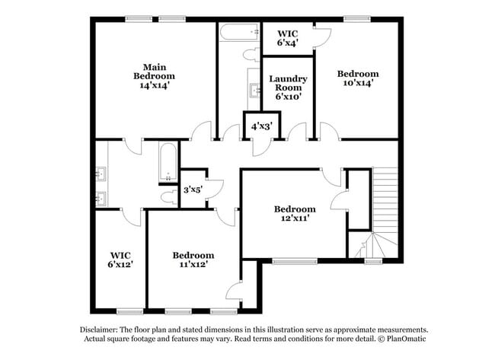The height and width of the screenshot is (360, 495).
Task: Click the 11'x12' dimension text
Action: (193, 265)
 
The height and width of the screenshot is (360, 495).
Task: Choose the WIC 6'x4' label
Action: (287, 38)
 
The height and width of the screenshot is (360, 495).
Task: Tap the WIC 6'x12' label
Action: (121, 260)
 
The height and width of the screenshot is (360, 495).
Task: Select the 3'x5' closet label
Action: (192, 190)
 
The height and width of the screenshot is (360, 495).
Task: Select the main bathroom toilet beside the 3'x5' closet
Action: (169, 196)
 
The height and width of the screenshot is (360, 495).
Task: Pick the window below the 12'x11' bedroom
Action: (295, 261)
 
